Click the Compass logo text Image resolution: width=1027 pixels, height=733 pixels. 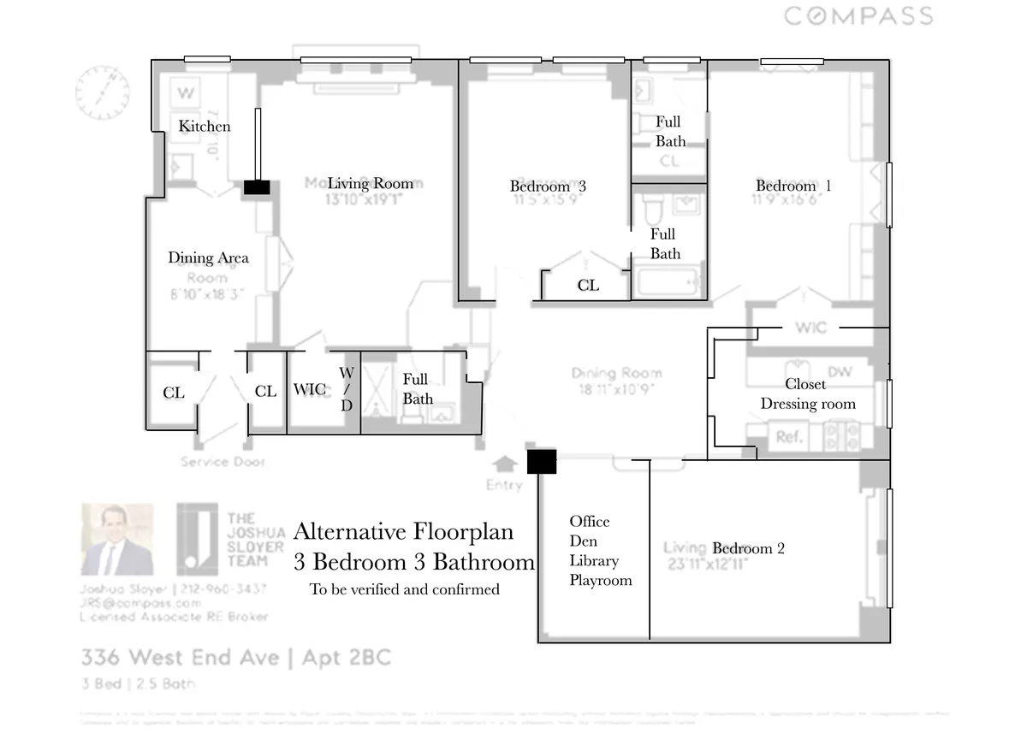(858, 15)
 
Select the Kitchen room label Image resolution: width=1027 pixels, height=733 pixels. (205, 126)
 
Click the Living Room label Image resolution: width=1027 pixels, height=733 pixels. (370, 183)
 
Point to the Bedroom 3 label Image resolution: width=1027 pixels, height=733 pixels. (548, 186)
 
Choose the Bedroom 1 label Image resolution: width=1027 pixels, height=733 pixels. (793, 186)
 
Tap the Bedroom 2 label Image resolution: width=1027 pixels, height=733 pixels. (748, 548)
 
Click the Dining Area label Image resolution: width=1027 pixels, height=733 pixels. (208, 257)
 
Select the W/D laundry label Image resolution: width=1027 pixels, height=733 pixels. (347, 389)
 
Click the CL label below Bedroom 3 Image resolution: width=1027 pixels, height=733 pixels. (588, 286)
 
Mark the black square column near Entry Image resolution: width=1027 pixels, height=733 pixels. (541, 462)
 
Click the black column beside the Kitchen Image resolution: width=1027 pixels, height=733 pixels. (257, 186)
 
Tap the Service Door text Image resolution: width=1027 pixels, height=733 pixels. (223, 462)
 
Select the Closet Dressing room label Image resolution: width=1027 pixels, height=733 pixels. (807, 394)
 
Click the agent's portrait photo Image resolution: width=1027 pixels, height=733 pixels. (117, 541)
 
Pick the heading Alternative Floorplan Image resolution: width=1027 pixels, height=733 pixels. (403, 531)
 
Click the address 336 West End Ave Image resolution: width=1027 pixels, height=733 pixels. (180, 658)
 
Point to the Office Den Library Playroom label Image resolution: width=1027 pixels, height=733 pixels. (601, 551)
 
